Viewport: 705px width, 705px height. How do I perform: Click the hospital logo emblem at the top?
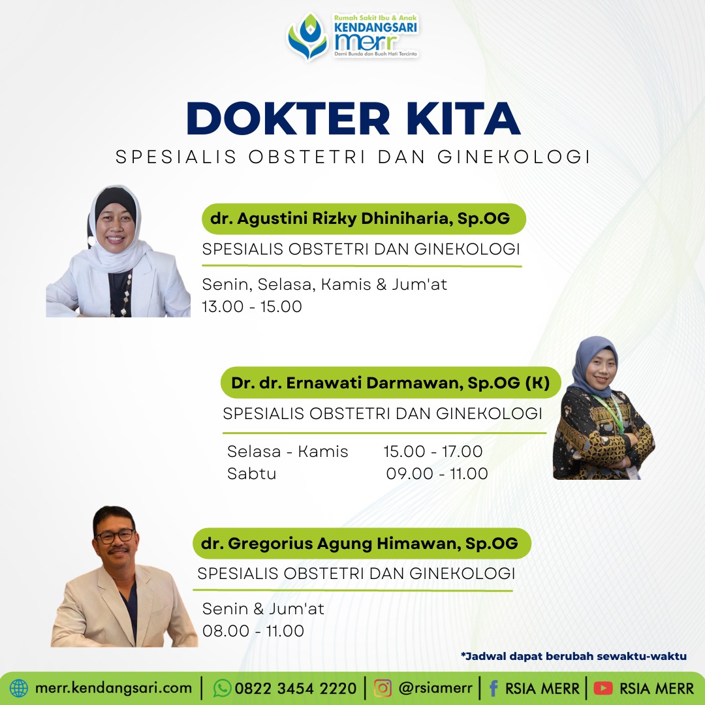[308, 37]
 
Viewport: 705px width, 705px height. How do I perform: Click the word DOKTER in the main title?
[289, 118]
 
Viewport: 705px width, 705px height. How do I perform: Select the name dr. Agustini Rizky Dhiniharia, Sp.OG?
[360, 219]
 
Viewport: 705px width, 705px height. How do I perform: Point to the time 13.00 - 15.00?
[252, 307]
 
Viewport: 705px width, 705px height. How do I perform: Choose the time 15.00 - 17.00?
[433, 451]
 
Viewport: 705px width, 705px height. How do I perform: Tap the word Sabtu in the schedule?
[251, 473]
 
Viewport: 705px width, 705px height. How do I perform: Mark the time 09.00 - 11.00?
[437, 473]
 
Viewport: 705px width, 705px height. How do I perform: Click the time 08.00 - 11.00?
[253, 631]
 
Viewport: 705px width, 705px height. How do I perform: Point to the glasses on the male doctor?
[115, 536]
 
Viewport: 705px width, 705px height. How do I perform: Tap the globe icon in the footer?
[19, 689]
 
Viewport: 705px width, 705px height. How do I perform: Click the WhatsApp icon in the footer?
[222, 689]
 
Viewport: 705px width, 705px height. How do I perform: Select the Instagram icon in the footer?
[383, 689]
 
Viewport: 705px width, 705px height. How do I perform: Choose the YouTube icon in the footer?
[603, 689]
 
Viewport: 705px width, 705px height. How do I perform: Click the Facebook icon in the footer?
[493, 689]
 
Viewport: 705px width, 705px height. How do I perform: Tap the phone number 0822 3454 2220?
[296, 689]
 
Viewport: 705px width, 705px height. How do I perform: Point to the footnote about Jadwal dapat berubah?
[574, 657]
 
